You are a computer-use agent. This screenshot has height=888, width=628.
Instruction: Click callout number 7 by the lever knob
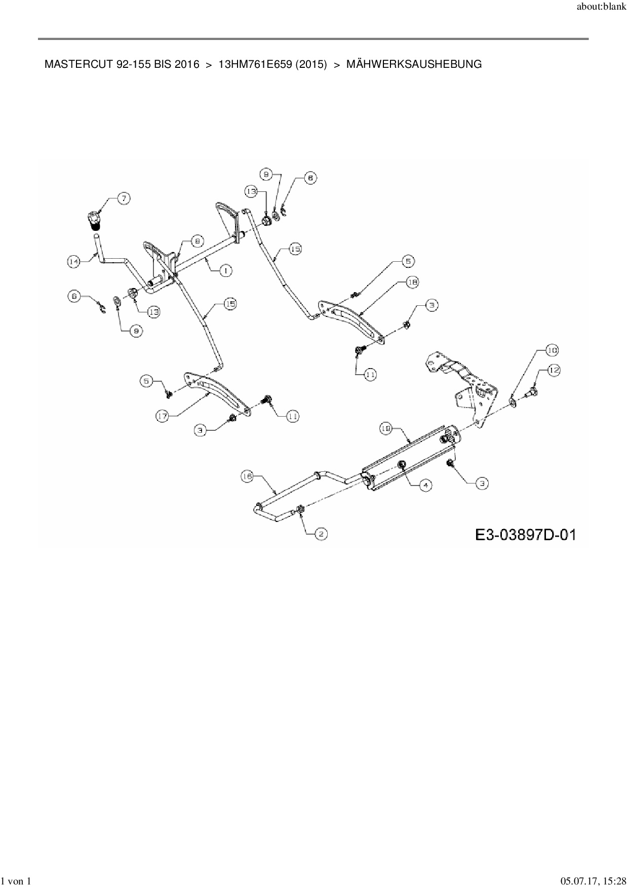coord(124,199)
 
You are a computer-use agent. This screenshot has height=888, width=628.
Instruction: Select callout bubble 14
coord(74,261)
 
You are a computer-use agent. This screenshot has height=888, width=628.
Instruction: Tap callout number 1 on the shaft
coord(225,271)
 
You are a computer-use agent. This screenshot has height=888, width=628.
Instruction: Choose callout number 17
coord(162,416)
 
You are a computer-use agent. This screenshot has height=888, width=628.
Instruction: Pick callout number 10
coord(552,350)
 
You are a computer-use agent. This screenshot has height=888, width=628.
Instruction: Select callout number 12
coord(554,370)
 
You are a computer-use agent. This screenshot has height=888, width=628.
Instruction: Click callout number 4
coord(425,485)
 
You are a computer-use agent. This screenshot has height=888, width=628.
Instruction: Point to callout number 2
coord(321,533)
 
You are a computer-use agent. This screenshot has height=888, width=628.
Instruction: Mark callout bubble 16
coord(247,476)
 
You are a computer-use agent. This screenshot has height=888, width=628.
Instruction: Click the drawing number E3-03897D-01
coord(525,535)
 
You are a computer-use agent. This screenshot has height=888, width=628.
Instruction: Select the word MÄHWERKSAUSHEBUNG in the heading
coord(414,64)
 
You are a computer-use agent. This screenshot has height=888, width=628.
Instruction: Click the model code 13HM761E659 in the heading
coord(255,64)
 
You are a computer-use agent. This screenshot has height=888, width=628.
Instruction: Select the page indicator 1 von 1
coord(17,881)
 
